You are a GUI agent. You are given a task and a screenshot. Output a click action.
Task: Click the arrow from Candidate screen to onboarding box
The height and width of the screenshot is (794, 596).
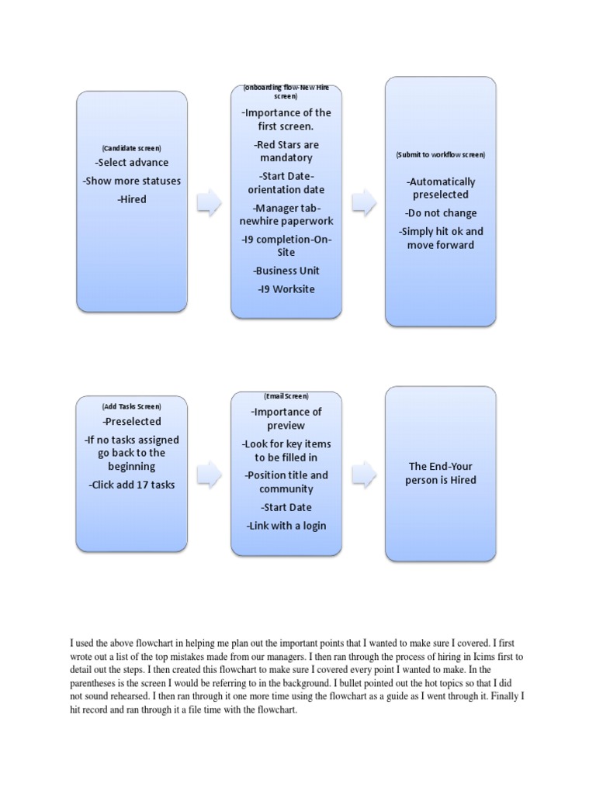point(209,202)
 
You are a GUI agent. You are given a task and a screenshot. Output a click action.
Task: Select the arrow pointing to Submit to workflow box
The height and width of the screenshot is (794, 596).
point(364,202)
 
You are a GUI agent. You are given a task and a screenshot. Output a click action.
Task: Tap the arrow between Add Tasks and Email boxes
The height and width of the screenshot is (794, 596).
point(209,470)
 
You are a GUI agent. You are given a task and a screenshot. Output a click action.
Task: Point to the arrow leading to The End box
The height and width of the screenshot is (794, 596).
point(364,470)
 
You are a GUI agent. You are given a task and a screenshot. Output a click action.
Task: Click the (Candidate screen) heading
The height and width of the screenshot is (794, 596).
point(131,147)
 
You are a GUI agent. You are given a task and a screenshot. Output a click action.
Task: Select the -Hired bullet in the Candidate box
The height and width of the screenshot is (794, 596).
point(131,199)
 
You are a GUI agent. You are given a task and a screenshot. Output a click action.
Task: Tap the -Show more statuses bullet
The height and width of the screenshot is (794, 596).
point(131,181)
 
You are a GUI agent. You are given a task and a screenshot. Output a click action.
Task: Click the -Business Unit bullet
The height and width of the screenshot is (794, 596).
point(286,271)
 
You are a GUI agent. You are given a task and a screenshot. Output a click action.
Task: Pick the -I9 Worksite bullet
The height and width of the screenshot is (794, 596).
point(286,289)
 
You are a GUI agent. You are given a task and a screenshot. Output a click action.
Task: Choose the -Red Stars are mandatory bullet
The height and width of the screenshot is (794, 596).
point(286,151)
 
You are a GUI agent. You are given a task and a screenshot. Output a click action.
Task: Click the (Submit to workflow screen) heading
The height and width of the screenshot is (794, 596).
point(440,155)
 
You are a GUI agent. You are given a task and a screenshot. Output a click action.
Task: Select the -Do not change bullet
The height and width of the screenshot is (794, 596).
point(440,213)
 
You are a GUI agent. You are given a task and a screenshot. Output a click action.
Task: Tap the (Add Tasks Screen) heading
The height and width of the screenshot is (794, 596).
point(131,406)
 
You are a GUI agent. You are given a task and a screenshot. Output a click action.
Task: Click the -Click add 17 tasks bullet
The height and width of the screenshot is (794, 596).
point(131,485)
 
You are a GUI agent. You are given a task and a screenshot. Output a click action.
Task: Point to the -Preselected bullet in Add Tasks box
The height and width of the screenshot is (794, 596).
point(131,421)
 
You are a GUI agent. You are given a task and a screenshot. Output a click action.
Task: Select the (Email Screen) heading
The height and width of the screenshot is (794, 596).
point(286,396)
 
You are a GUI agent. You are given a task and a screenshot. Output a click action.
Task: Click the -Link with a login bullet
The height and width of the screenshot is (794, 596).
point(286,526)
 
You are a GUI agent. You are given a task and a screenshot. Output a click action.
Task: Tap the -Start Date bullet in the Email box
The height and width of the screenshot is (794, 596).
point(286,507)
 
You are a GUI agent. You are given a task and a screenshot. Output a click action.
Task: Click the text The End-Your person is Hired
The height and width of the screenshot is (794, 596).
point(440,473)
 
